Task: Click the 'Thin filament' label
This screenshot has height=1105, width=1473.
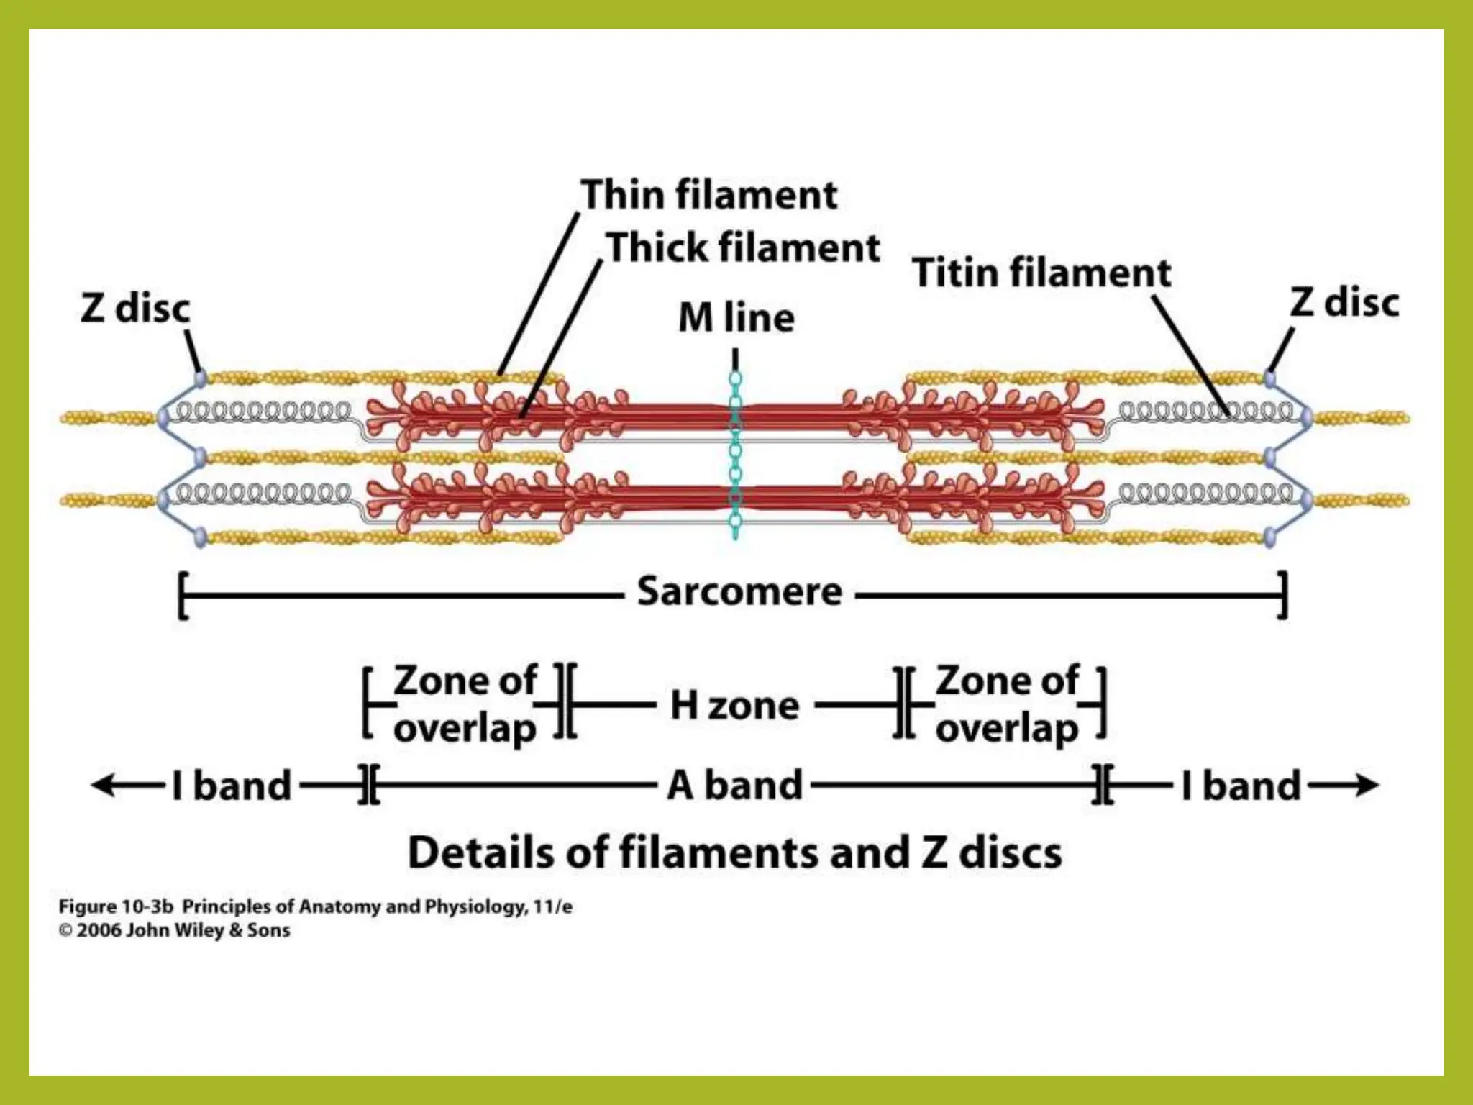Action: pos(709,195)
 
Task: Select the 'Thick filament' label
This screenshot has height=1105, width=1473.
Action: pos(744,248)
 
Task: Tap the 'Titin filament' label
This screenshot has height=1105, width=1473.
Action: pos(1041,273)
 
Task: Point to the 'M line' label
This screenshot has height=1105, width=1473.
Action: pos(736,318)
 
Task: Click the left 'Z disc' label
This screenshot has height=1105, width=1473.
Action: pos(135,309)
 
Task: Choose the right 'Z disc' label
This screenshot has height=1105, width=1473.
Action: pos(1344,303)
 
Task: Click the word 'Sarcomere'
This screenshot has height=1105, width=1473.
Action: pos(739,592)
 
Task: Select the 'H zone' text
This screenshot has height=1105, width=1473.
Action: pos(734,706)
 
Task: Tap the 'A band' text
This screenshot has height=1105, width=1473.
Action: pos(734,785)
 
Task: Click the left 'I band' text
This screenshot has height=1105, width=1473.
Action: pos(232,786)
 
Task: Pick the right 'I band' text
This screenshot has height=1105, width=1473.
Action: pos(1241,786)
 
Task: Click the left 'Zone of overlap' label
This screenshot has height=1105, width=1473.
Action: pos(465,704)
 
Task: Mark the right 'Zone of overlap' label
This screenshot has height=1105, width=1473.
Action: pos(1007,704)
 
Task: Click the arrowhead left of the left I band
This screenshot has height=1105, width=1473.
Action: pos(101,785)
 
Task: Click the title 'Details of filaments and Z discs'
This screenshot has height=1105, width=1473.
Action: pos(734,853)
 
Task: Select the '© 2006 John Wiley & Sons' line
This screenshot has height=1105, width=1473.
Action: pos(175,931)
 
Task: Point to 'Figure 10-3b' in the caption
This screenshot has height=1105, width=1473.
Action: pos(116,907)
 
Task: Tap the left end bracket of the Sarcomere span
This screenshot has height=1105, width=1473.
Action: pos(183,596)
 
